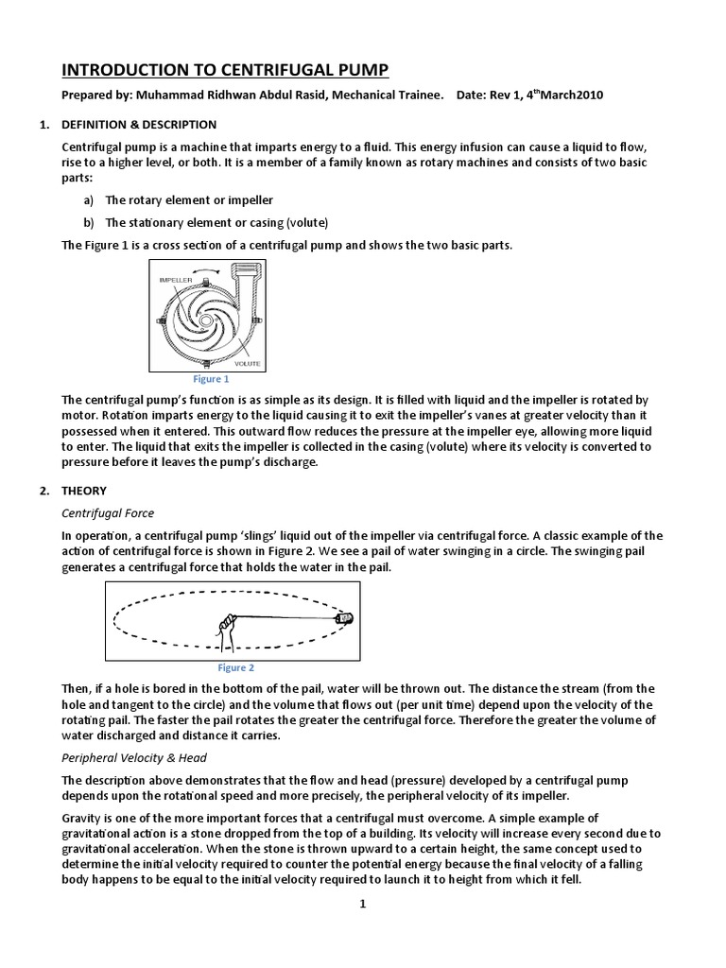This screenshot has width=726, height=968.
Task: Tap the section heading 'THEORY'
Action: [84, 491]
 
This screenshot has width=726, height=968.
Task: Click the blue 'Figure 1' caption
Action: [211, 379]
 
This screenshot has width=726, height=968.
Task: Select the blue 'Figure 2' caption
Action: [236, 667]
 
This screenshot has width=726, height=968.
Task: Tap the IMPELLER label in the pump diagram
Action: [177, 282]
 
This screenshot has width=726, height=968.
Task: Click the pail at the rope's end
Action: [346, 618]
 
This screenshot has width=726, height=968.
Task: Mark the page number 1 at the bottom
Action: [362, 904]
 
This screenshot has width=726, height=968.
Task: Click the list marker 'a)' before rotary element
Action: [89, 200]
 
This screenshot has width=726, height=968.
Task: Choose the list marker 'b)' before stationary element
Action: [89, 223]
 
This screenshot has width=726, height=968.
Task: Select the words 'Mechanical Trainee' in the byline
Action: [389, 95]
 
